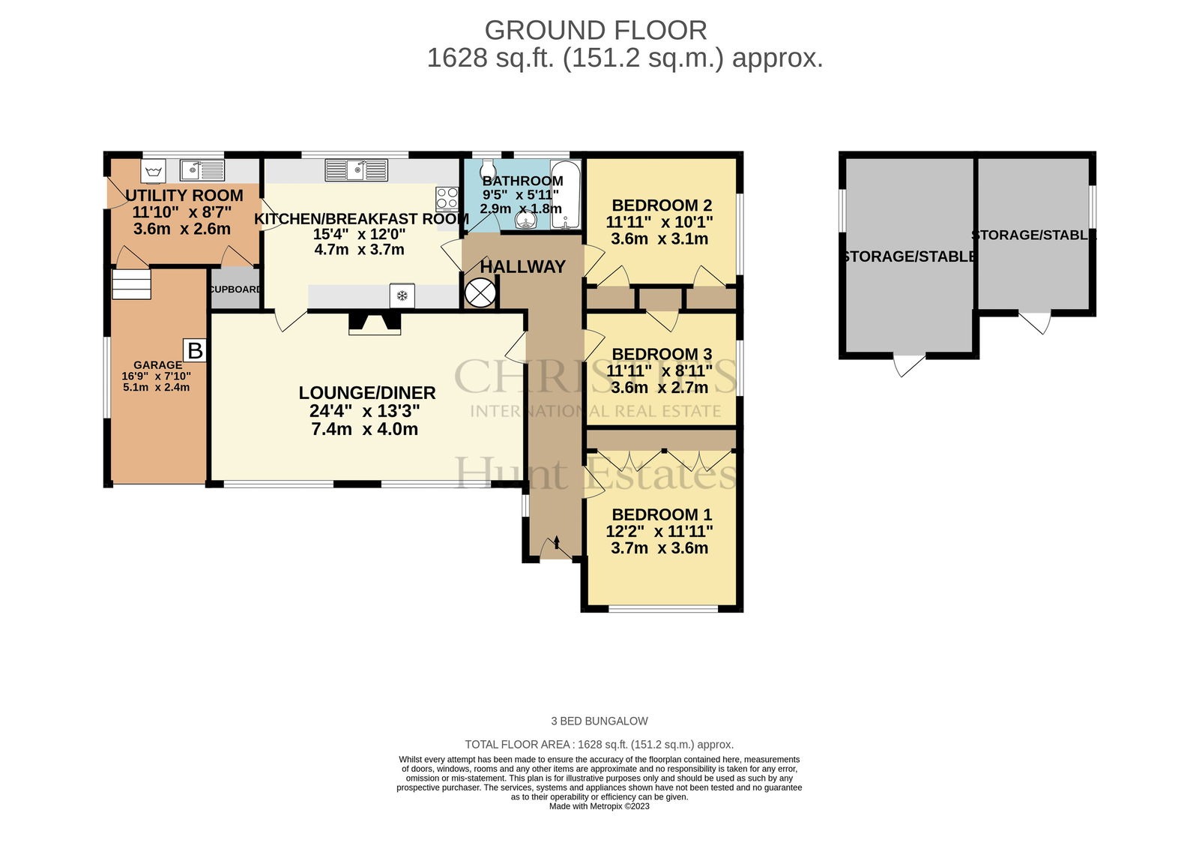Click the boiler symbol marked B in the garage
pos(195,351)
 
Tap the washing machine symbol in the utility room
pos(154,172)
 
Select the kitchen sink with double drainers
pos(356,170)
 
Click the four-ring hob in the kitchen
pos(447,198)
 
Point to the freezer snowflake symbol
pos(402,295)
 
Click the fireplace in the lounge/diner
pos(375,324)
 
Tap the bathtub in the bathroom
pos(566,195)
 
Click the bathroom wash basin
pos(527,220)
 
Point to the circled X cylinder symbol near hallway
pos(480,293)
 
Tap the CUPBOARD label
pos(235,289)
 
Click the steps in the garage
pos(132,284)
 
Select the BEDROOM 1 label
pos(662,514)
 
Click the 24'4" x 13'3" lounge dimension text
pos(364,411)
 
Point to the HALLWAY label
pos(522,266)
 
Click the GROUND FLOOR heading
pos(596,31)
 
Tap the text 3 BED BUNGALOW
pos(599,721)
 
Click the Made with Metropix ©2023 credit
pos(599,806)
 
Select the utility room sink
pos(202,170)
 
